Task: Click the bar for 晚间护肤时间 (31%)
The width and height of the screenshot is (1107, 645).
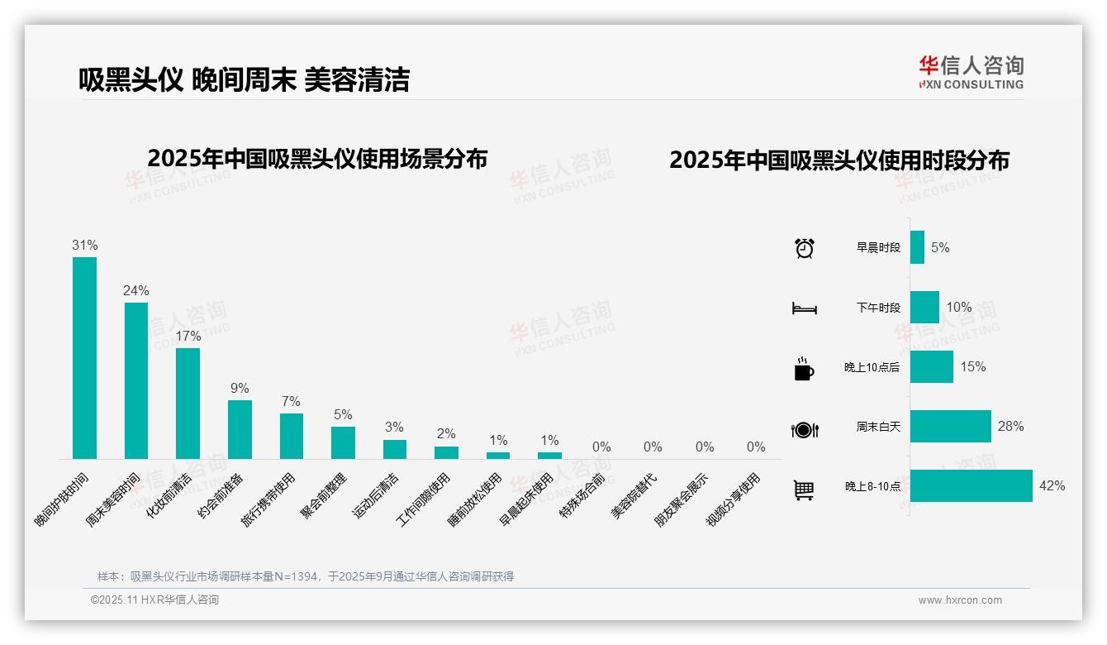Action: (x=84, y=357)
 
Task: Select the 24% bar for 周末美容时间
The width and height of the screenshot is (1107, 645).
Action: (x=136, y=380)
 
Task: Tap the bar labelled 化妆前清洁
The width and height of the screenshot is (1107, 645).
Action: (x=188, y=403)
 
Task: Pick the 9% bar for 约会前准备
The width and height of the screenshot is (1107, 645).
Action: (x=240, y=429)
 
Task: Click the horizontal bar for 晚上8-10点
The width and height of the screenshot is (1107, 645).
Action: (x=971, y=485)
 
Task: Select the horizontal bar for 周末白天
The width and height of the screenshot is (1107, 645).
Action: (x=950, y=426)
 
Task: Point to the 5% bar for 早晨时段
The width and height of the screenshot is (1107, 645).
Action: (x=917, y=247)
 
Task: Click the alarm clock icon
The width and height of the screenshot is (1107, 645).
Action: (x=804, y=247)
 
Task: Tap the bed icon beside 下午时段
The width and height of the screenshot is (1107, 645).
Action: (x=804, y=308)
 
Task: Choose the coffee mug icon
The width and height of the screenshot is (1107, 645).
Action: (x=804, y=369)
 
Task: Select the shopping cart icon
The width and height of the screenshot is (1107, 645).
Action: (x=804, y=490)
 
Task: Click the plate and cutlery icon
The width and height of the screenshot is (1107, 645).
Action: (x=804, y=429)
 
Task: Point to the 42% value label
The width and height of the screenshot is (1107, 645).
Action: (x=1052, y=485)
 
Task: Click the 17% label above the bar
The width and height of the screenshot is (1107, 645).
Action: (x=188, y=336)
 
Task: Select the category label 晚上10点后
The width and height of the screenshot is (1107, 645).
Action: (x=872, y=367)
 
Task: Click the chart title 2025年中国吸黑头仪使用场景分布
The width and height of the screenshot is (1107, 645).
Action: (x=317, y=159)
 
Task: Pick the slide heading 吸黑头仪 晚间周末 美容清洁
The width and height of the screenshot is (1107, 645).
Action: (x=244, y=79)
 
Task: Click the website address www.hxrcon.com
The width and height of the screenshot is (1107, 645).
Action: (x=960, y=600)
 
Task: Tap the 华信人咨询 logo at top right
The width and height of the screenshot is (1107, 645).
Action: (x=971, y=72)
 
